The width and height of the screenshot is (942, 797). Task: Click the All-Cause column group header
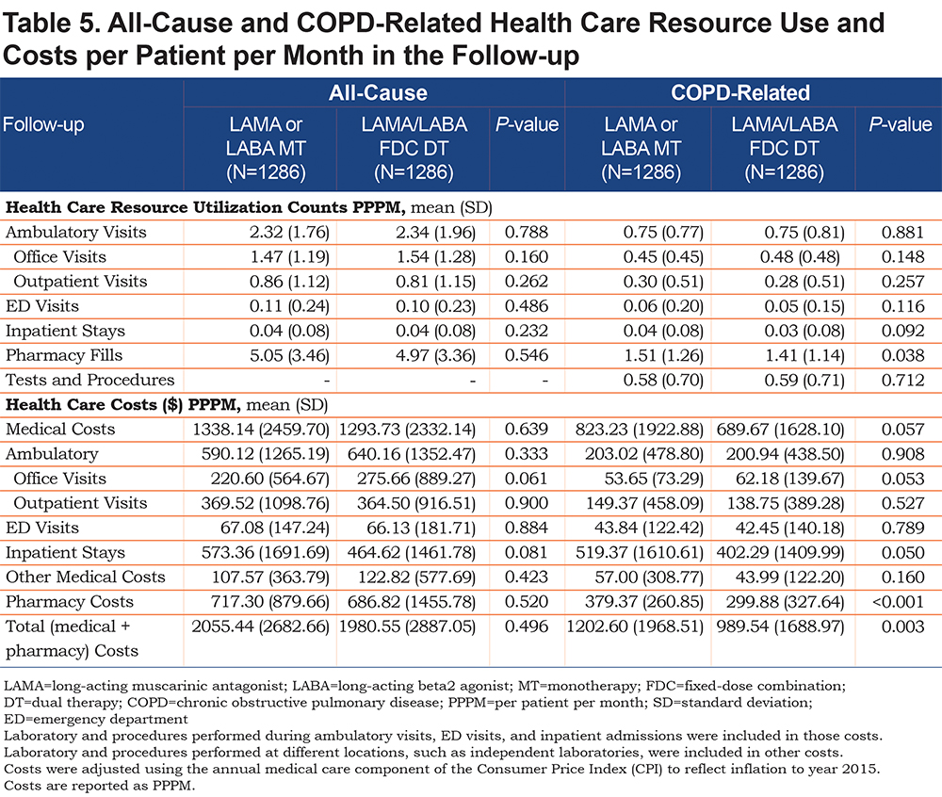(378, 93)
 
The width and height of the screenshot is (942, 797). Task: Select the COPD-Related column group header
(740, 93)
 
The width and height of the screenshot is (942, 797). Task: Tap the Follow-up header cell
(43, 124)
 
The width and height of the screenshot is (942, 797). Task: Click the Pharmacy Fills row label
(64, 355)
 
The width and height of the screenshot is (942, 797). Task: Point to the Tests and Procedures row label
(90, 380)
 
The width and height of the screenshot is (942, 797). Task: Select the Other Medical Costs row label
(86, 577)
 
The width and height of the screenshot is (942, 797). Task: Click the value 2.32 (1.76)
(289, 233)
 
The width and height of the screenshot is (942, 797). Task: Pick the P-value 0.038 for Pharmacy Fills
(902, 355)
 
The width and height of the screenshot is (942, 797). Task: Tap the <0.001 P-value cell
(898, 601)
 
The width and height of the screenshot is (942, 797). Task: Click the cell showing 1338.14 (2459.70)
(261, 430)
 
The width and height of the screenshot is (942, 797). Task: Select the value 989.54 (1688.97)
(780, 626)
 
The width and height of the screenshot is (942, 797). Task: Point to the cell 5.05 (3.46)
(289, 355)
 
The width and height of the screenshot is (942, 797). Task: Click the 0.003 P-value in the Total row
(902, 626)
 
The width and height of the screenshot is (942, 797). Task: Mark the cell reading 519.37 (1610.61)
(640, 553)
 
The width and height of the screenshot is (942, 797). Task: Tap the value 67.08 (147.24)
(275, 528)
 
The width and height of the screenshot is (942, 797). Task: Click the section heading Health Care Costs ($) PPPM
(123, 405)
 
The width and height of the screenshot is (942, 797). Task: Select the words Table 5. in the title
(51, 24)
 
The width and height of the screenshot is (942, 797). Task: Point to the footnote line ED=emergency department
(96, 719)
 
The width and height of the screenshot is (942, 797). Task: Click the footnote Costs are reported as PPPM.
(100, 786)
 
